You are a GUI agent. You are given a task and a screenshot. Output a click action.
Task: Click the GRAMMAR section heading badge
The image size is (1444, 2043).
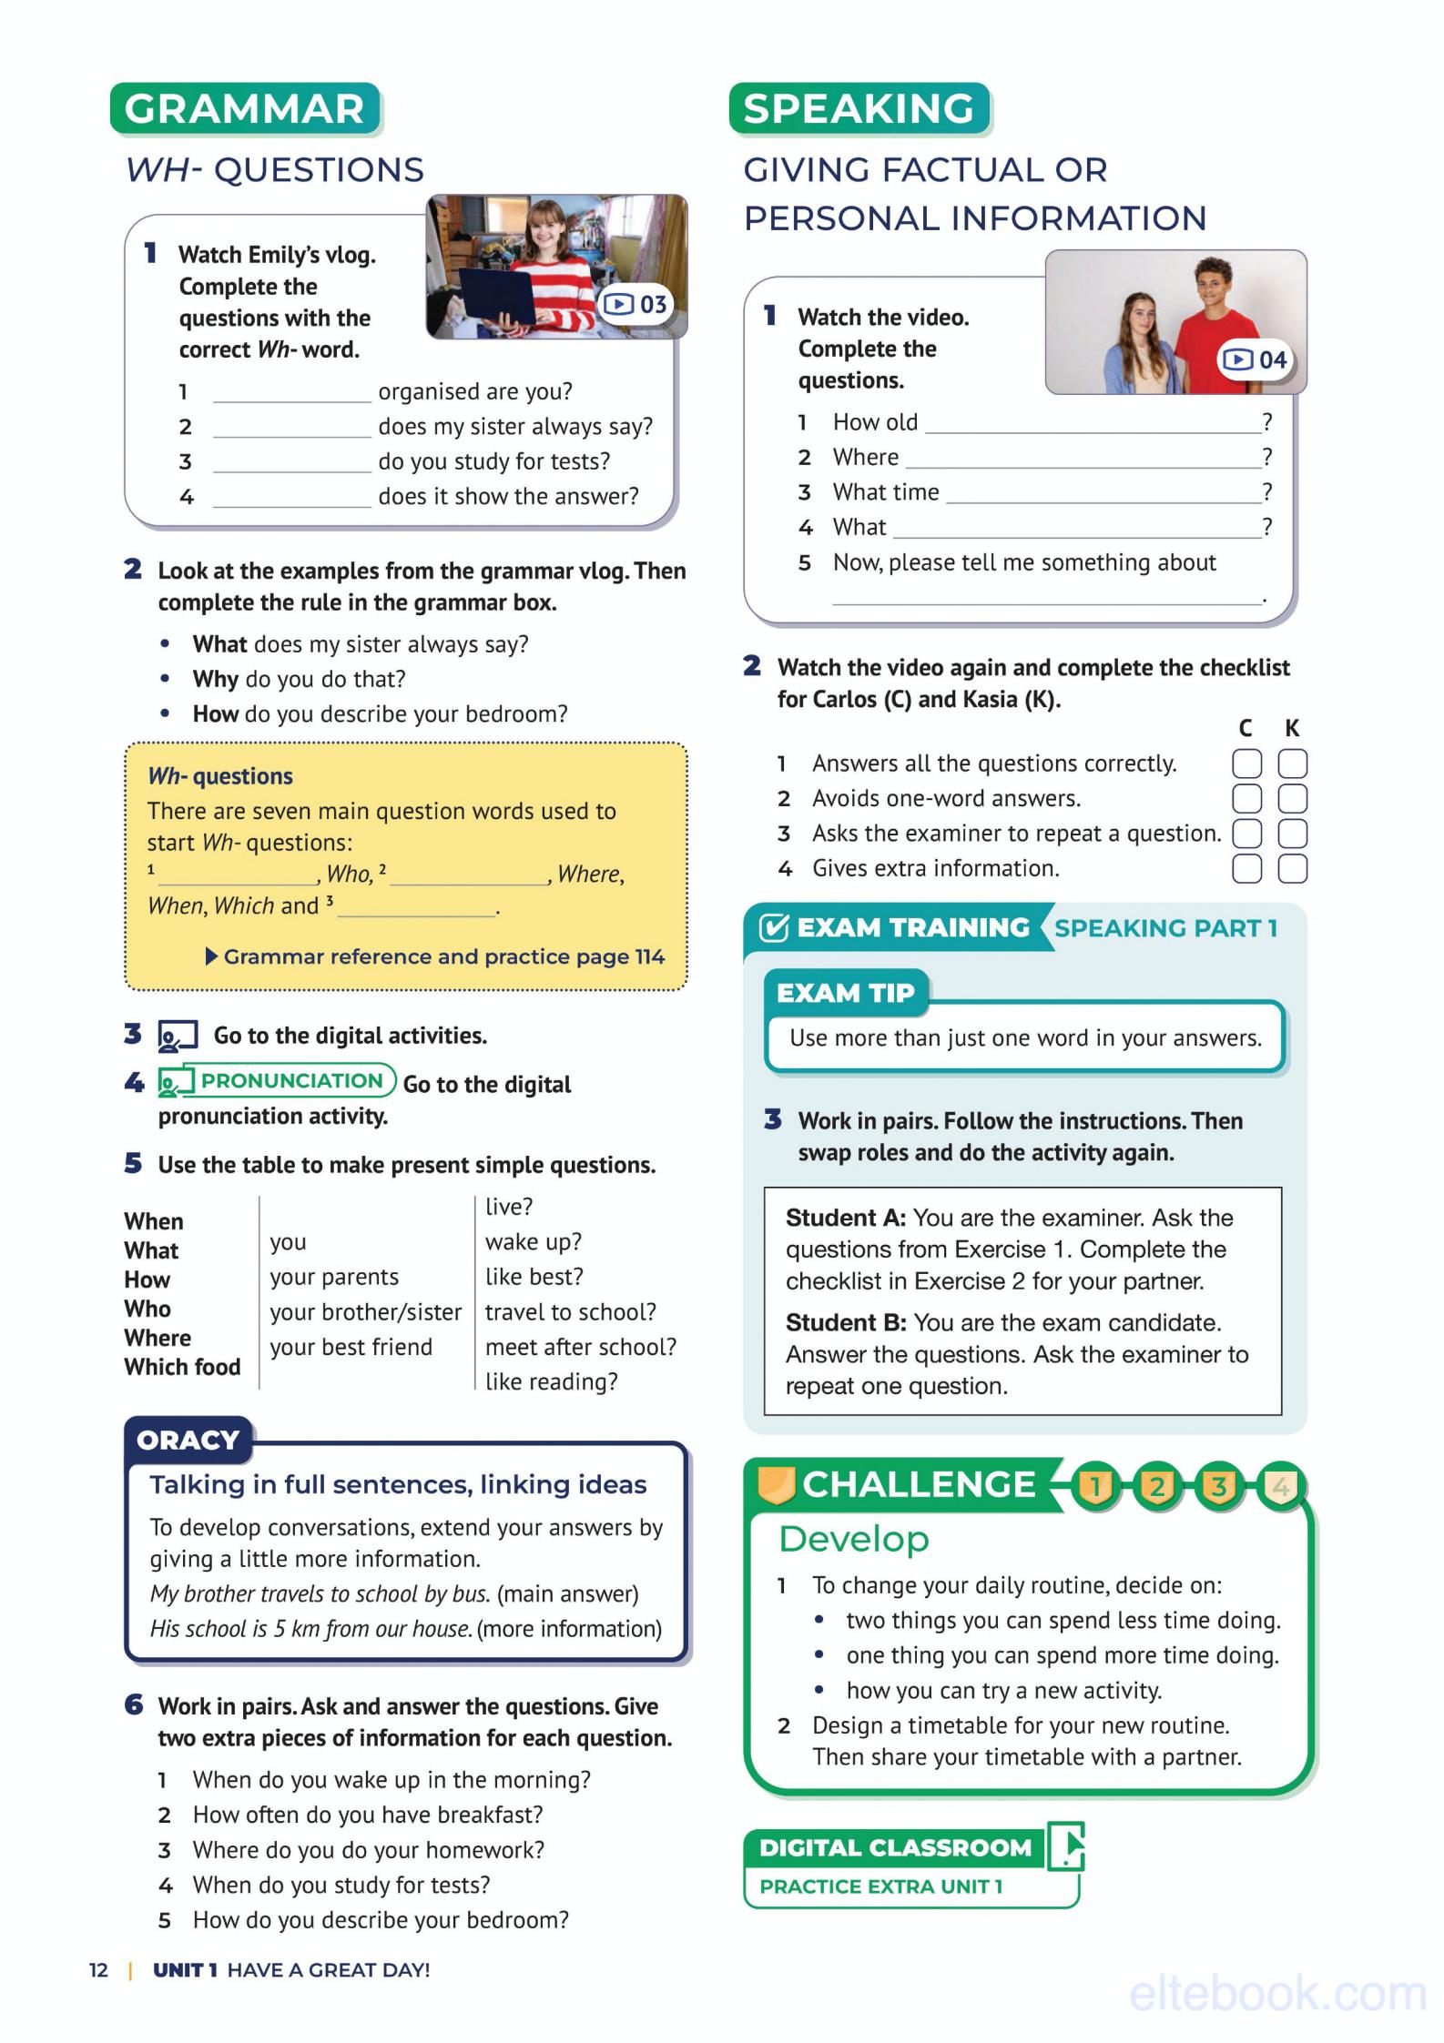[x=244, y=109]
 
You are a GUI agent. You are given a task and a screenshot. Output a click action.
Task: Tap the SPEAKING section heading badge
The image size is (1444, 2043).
[x=859, y=109]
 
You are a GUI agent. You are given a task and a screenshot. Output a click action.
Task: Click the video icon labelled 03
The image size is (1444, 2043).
[x=636, y=304]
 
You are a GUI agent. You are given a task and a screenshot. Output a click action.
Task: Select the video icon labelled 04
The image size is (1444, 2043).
[x=1256, y=360]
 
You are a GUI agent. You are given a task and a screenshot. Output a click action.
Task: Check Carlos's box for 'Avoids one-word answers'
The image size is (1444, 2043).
[x=1246, y=798]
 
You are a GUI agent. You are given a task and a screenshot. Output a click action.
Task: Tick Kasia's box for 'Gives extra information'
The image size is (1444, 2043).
[x=1292, y=868]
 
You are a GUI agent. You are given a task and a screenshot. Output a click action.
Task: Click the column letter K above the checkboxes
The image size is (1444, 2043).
[x=1292, y=728]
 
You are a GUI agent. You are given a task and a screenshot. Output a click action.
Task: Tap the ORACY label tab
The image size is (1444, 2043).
[x=188, y=1440]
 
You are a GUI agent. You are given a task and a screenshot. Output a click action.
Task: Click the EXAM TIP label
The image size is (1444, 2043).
[x=845, y=992]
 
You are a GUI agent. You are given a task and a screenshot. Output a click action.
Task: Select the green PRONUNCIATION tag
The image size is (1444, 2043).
[x=291, y=1080]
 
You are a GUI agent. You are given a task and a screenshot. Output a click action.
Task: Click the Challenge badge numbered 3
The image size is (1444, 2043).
[x=1218, y=1486]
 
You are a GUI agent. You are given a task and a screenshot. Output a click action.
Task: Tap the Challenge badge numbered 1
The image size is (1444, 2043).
[x=1095, y=1486]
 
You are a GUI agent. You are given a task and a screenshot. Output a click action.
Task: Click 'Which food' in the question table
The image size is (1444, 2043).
[x=182, y=1367]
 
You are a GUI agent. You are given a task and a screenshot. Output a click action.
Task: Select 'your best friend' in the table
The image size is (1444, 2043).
[x=351, y=1347]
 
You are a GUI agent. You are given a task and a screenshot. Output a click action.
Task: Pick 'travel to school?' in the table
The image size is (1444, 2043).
[x=570, y=1312]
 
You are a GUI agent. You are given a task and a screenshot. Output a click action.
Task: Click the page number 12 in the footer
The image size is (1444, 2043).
[x=98, y=1970]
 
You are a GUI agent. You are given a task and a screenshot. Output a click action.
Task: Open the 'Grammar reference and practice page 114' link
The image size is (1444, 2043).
[x=443, y=956]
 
